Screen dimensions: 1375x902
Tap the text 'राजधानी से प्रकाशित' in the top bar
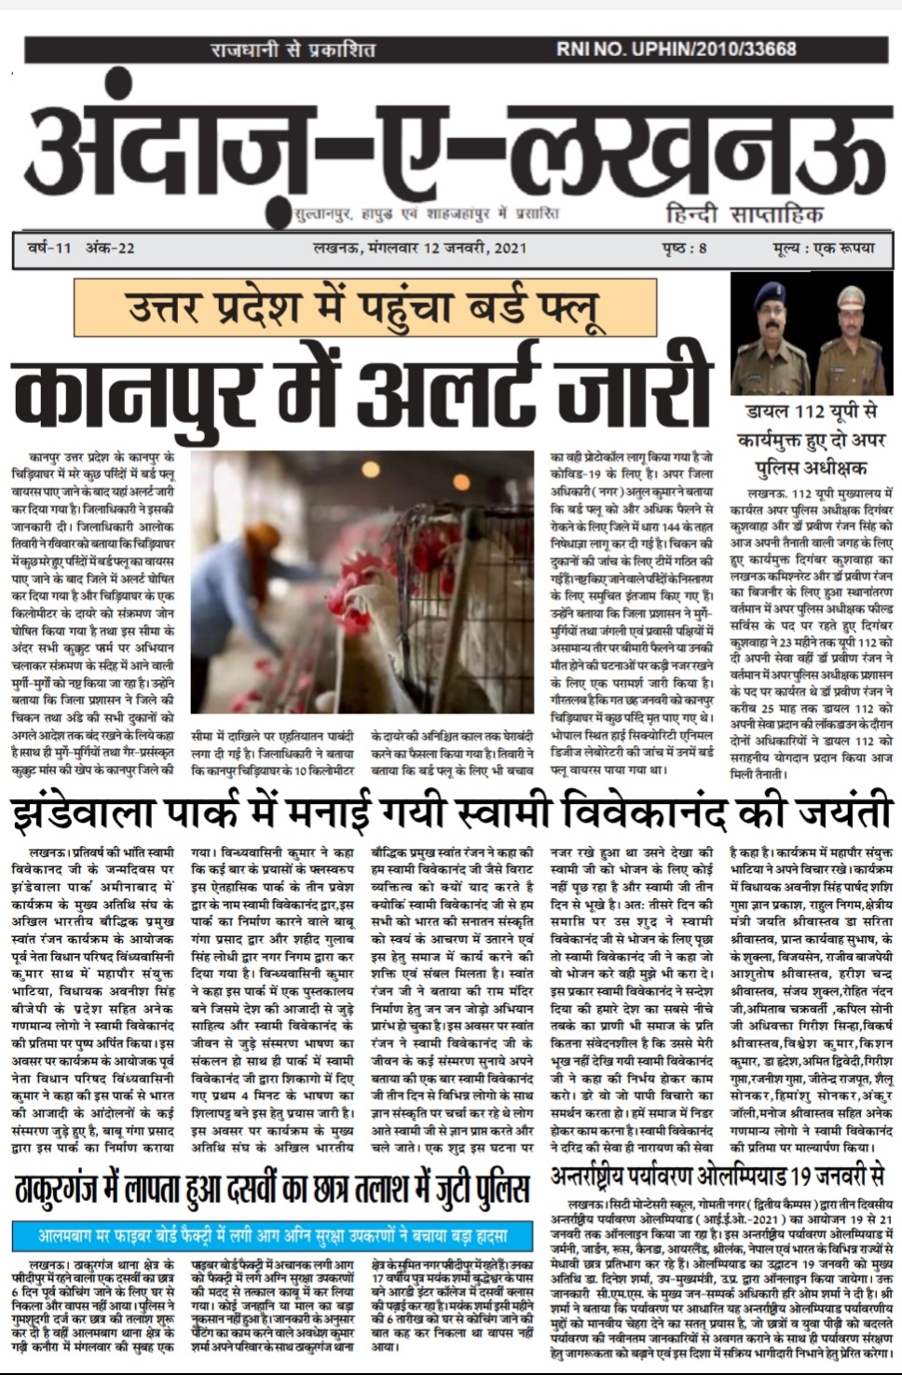click(x=292, y=48)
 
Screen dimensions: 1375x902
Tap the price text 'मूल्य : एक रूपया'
click(x=824, y=248)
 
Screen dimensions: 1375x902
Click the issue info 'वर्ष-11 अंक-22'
click(x=81, y=248)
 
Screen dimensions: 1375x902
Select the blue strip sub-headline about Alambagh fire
click(x=272, y=1236)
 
